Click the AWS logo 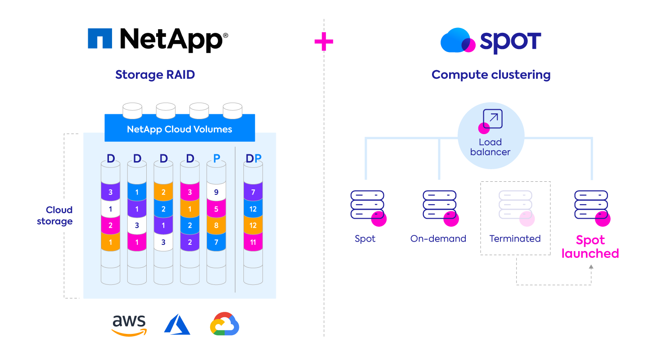point(129,325)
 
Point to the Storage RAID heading point(155,74)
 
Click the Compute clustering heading point(491,74)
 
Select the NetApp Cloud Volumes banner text point(180,129)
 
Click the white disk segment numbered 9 point(216,192)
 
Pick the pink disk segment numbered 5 point(216,209)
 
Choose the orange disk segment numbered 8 point(216,225)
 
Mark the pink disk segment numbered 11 point(253,242)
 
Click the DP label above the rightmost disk point(253,158)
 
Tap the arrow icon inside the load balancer point(492,119)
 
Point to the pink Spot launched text point(590,247)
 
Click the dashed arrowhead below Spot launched point(591,267)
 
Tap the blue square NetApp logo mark point(100,39)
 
